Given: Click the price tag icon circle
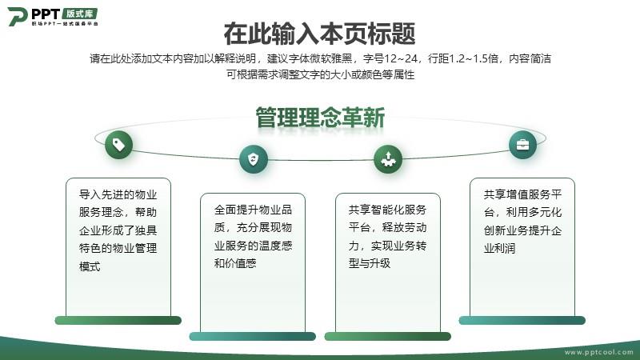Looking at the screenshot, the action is point(118,145).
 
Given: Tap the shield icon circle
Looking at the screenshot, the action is point(254,159).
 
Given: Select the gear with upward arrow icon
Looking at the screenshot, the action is point(388,159).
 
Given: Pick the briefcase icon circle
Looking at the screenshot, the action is point(523,145).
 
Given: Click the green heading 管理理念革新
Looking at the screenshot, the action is point(321,118).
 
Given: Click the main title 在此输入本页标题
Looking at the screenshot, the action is point(319,34).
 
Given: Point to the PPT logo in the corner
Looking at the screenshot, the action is point(53,16).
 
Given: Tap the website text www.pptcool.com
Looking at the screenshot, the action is point(598,352).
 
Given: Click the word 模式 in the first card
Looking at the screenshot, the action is point(90,266).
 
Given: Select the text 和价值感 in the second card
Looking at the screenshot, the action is point(235,263).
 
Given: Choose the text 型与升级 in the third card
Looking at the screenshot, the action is point(370,263).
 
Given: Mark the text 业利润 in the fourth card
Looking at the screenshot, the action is point(499,248).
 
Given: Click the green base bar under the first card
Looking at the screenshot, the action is point(118,321).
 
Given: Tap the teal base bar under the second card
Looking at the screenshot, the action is point(253,336).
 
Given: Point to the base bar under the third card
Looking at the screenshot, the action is point(388,336).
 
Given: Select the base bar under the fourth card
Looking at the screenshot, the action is point(522,321).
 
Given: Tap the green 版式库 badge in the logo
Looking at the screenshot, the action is point(80,14).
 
